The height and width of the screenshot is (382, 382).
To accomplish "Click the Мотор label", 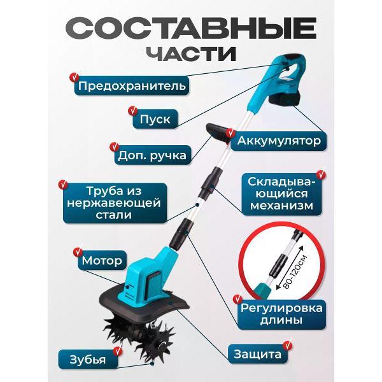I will pyautogui.click(x=101, y=260).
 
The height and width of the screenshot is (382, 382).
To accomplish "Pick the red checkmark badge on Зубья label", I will pyautogui.click(x=62, y=351).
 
